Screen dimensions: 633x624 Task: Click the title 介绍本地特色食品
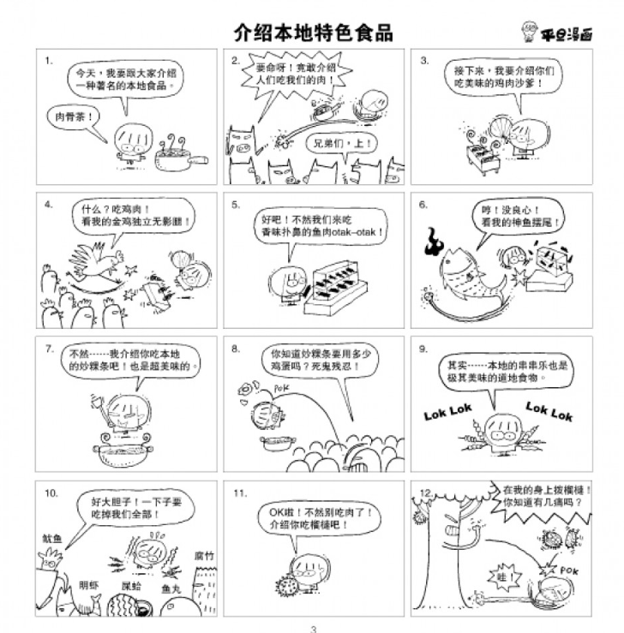pyautogui.click(x=313, y=33)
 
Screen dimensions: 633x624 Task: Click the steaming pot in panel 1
pyautogui.click(x=177, y=155)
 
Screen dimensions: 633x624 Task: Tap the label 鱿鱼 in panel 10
pyautogui.click(x=51, y=539)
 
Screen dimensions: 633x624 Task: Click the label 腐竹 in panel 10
pyautogui.click(x=203, y=555)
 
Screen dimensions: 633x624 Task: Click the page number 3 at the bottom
pyautogui.click(x=313, y=628)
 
